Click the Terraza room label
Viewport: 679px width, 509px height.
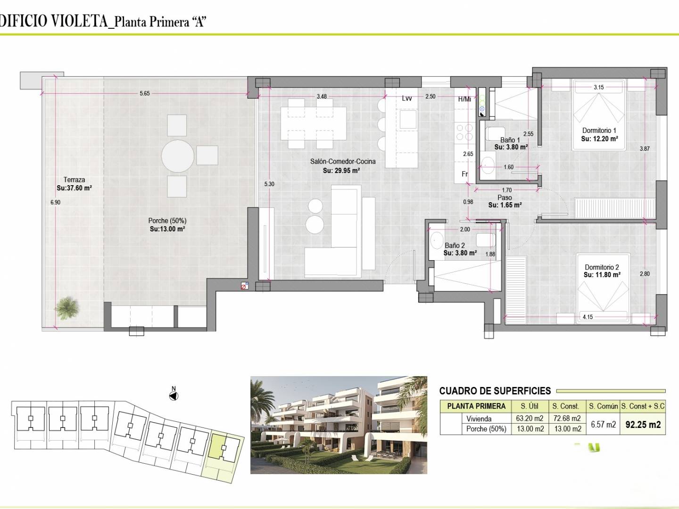(x=74, y=180)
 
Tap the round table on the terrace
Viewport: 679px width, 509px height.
(x=178, y=156)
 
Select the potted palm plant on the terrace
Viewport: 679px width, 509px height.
(x=66, y=308)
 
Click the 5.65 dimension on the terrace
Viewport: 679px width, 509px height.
(x=144, y=93)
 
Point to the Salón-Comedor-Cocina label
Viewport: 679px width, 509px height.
(x=343, y=161)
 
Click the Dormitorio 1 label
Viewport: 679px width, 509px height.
(x=599, y=131)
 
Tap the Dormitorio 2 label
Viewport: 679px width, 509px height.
(x=602, y=267)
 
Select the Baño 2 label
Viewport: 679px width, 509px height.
(x=455, y=246)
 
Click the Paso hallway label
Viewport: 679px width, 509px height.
(x=505, y=197)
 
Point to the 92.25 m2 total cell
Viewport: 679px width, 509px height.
(x=643, y=424)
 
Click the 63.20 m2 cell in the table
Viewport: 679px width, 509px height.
(x=530, y=419)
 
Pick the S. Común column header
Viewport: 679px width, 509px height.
(x=603, y=406)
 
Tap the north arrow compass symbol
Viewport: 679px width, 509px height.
(x=174, y=395)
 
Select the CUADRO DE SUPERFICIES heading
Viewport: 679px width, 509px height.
(x=495, y=391)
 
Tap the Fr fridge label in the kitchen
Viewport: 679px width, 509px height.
(x=464, y=174)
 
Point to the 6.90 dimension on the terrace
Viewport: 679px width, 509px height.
(x=55, y=203)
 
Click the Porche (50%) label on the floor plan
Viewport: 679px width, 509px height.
(x=167, y=221)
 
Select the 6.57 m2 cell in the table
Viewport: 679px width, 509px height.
(x=603, y=424)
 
